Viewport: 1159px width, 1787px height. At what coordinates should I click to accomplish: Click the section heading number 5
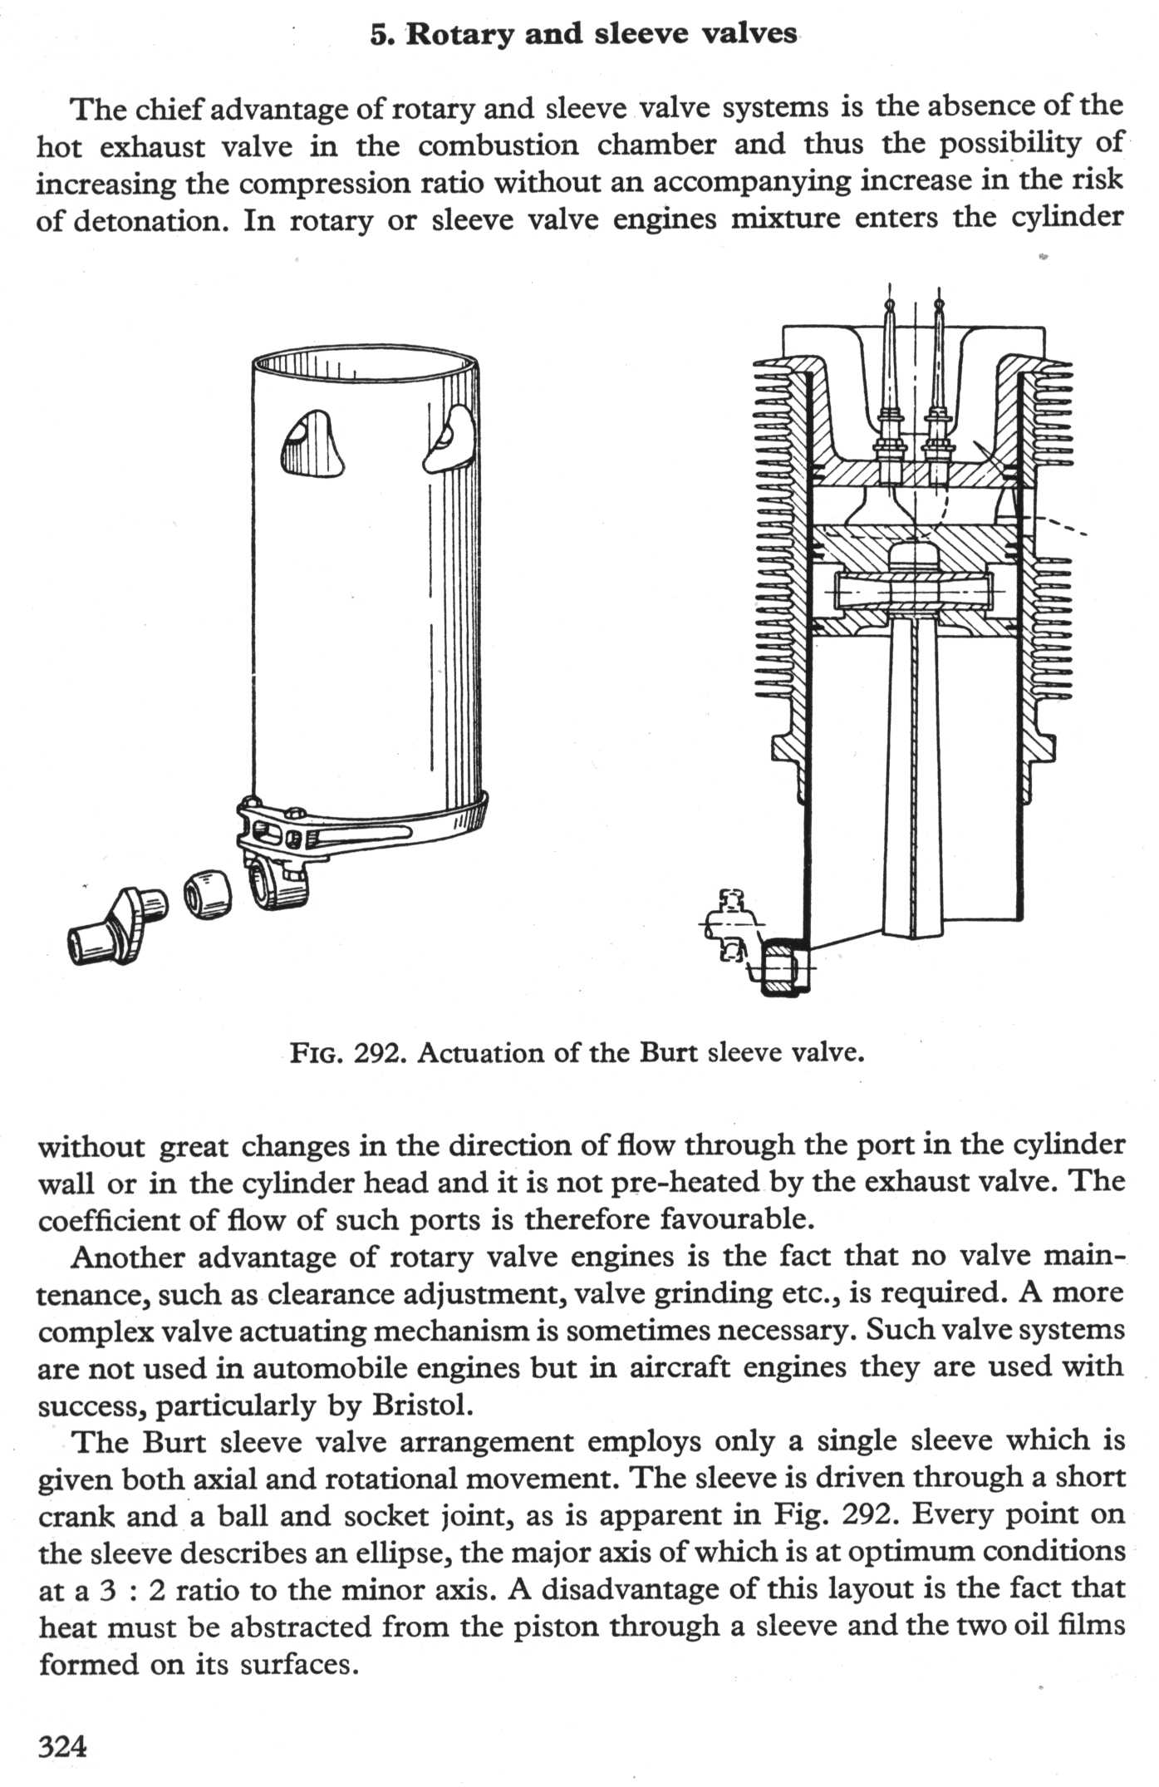[x=380, y=36]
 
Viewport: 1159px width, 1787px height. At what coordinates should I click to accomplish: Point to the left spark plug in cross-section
[x=890, y=399]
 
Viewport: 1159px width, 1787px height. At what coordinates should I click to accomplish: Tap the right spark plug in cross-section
[x=940, y=399]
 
